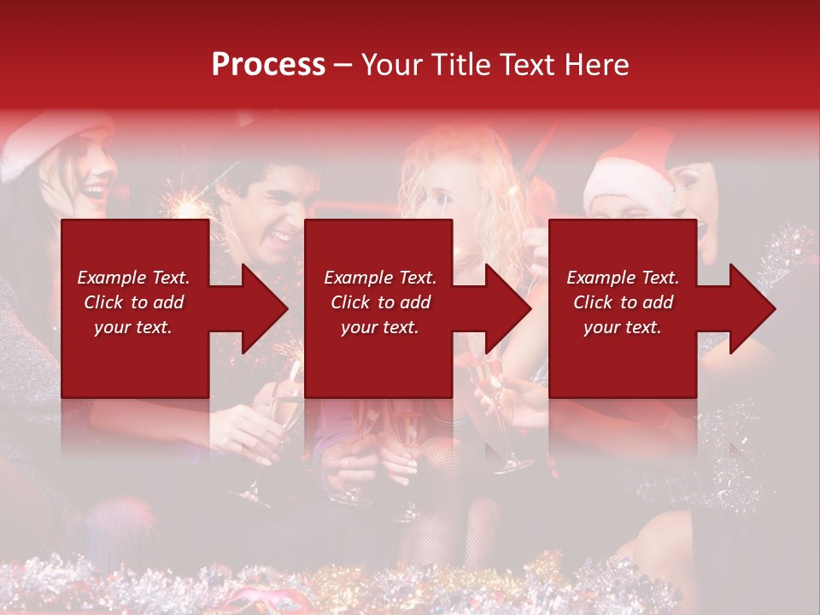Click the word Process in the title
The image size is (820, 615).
(268, 64)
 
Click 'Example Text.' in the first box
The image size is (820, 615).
(133, 278)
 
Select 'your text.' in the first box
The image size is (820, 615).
(133, 327)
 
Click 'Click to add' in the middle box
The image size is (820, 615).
(380, 302)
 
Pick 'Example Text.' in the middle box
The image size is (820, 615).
(380, 278)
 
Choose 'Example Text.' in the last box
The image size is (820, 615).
(623, 278)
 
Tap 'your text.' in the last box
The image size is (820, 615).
(623, 327)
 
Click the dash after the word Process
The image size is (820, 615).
(343, 65)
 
